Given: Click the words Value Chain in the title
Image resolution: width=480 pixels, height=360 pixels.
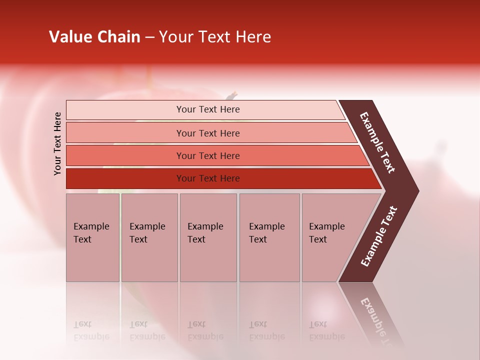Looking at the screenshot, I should (94, 37).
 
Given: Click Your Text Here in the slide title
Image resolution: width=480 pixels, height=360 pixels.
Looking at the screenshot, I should (215, 37).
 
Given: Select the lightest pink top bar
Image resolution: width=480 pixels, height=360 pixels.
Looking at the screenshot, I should (205, 109).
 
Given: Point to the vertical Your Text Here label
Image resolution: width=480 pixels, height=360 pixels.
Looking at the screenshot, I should (57, 143).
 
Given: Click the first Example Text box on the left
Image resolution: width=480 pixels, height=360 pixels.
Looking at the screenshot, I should (92, 237).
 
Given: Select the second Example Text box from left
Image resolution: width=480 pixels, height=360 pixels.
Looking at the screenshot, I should (149, 237).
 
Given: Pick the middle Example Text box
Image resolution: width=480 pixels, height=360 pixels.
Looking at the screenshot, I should (208, 237).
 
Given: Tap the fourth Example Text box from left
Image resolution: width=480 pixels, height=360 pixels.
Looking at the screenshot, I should (269, 237).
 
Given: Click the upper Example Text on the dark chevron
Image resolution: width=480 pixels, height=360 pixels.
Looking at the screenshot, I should (378, 142).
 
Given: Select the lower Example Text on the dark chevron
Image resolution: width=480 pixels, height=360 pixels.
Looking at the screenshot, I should (379, 236).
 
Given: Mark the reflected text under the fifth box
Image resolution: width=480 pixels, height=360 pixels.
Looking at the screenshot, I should (326, 330).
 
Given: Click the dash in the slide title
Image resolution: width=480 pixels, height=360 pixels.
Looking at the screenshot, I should (149, 37).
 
